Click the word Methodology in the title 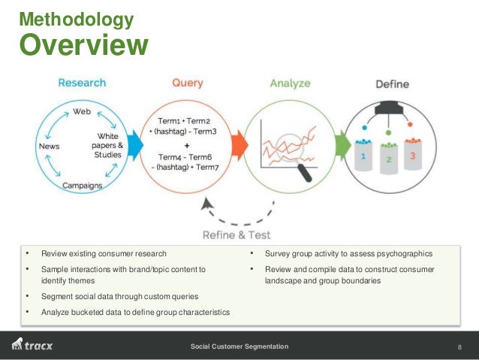click(x=76, y=18)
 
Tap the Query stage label click(x=187, y=83)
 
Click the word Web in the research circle click(x=82, y=110)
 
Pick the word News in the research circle click(x=50, y=146)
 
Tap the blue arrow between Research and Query click(x=135, y=145)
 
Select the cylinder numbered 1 click(x=364, y=160)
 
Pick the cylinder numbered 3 click(x=412, y=160)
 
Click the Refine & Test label click(x=237, y=235)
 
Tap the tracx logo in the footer click(x=32, y=346)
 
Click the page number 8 click(x=459, y=346)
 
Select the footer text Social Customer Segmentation click(x=239, y=346)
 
